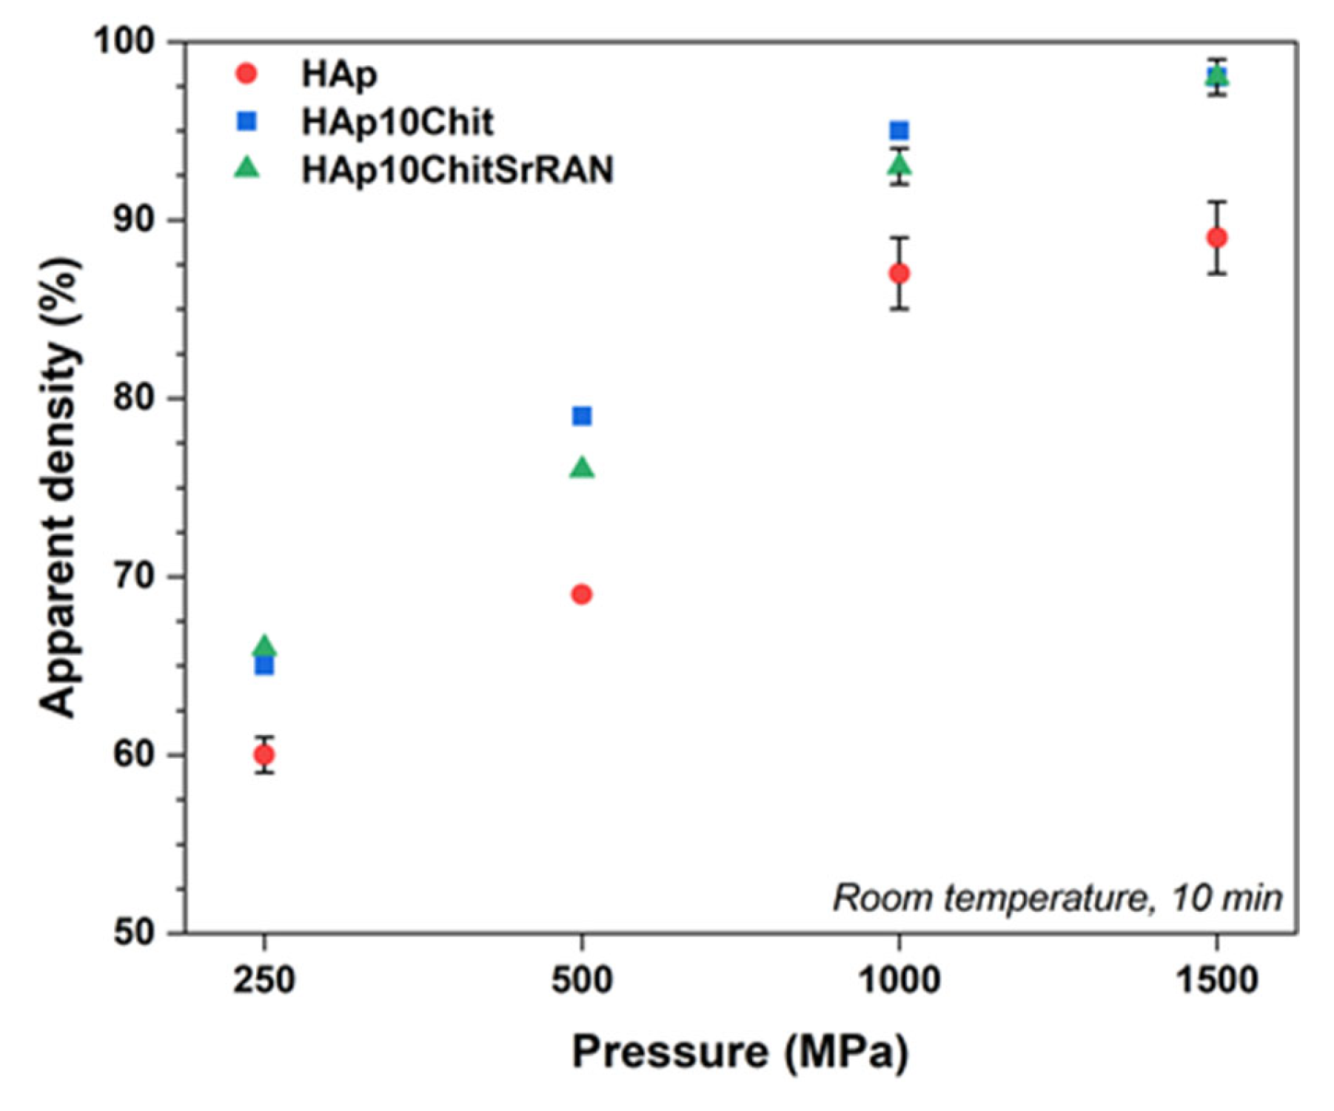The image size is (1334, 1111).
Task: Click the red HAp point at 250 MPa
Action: click(x=264, y=755)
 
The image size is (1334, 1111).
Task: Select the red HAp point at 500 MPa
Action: click(x=582, y=594)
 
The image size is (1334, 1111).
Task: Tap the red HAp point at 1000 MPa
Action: click(x=899, y=274)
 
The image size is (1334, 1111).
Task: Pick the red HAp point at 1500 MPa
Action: click(x=1216, y=238)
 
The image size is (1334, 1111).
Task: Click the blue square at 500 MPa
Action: click(x=582, y=416)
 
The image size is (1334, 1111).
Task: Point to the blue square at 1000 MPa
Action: click(x=899, y=131)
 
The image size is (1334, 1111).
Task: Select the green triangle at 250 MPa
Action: click(x=264, y=647)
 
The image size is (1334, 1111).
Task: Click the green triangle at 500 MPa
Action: click(x=582, y=468)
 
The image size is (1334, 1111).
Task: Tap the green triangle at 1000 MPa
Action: click(x=899, y=164)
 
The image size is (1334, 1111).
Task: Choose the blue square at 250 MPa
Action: click(x=264, y=667)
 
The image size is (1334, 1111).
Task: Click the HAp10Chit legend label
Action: click(x=398, y=122)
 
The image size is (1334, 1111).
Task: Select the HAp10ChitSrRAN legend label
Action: click(x=457, y=169)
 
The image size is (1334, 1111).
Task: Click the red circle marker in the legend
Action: click(x=247, y=74)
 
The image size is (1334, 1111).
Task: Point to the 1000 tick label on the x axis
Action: click(x=899, y=981)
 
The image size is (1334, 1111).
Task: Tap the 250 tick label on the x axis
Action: click(x=264, y=981)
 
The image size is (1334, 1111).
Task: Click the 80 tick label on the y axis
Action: click(x=133, y=398)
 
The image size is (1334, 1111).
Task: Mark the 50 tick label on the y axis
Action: click(x=133, y=933)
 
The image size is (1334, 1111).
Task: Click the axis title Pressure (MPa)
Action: click(x=740, y=1052)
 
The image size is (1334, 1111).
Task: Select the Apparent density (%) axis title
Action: click(x=59, y=487)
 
